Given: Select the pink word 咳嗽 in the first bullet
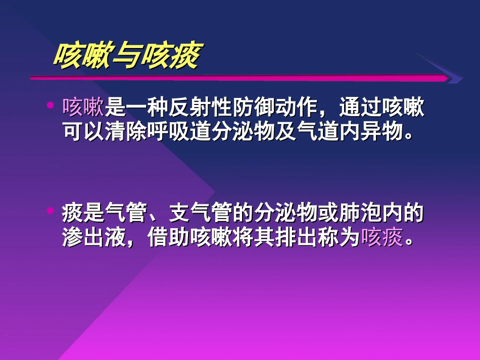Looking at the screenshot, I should [83, 108].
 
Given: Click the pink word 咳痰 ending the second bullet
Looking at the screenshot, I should [382, 237].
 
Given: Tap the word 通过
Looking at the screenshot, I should [361, 108].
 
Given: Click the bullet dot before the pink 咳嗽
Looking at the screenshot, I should [50, 106].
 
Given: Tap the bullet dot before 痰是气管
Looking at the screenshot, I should [50, 212].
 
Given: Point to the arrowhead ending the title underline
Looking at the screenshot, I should [452, 77].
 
